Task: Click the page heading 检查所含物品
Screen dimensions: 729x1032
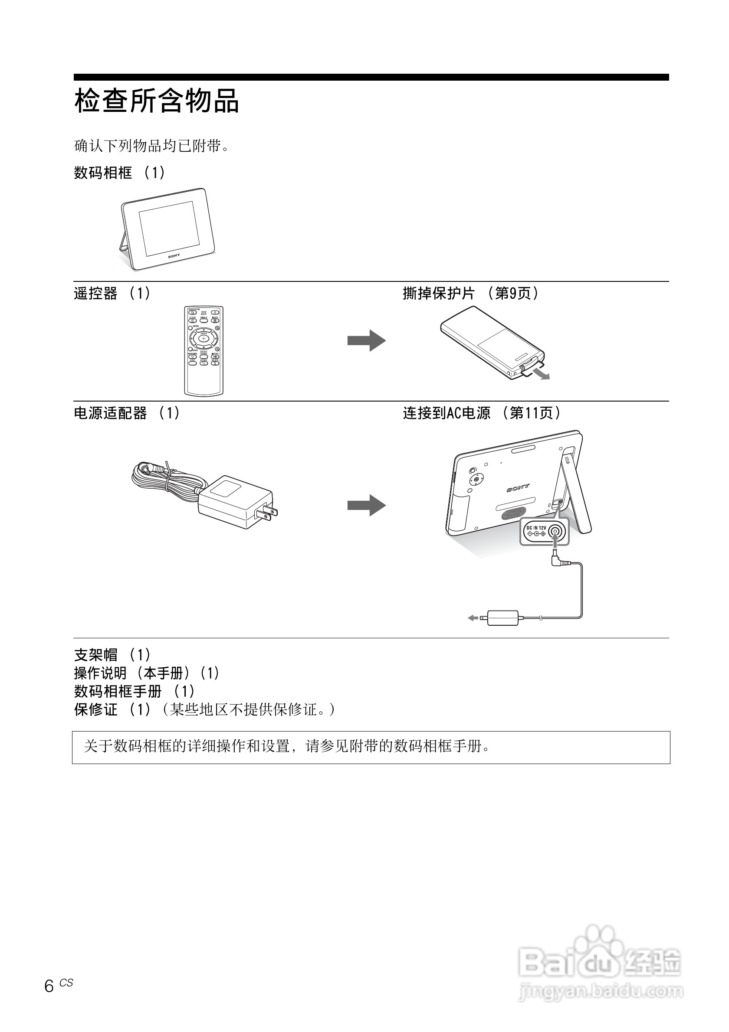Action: tap(157, 101)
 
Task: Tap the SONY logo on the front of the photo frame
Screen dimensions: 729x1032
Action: tap(174, 256)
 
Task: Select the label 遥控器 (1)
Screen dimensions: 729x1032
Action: tap(112, 294)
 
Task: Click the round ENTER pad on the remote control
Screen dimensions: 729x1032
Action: tap(204, 337)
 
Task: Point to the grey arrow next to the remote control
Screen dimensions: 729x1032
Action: tap(366, 340)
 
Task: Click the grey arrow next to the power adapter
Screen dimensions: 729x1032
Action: tap(366, 505)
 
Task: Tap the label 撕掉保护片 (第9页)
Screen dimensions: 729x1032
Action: tap(470, 294)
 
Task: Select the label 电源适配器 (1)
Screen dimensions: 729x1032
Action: tap(127, 413)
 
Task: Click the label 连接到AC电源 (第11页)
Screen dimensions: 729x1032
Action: tap(482, 413)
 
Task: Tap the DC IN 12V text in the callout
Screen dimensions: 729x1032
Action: tap(536, 528)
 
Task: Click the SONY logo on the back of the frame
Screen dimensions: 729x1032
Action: tap(518, 488)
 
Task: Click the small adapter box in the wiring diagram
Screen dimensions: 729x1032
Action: tap(503, 618)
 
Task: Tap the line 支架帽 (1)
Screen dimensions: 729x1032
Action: tap(112, 655)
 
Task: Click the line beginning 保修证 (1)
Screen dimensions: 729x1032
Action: tap(204, 710)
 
